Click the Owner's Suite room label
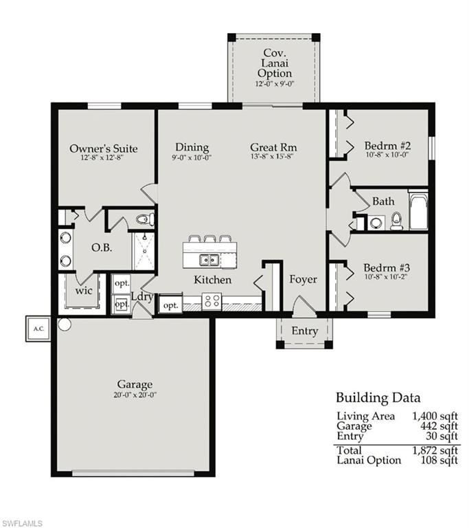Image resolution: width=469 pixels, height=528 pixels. [x=104, y=148]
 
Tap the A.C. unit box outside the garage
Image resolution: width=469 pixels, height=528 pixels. [x=38, y=328]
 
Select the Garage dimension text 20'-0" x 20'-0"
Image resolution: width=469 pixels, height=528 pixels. [x=135, y=395]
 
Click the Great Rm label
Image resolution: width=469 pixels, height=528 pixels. [x=273, y=147]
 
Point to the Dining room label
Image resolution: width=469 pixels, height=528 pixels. [x=192, y=147]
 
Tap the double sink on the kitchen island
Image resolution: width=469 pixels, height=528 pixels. [x=209, y=259]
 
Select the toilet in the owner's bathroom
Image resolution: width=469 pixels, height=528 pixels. [x=144, y=219]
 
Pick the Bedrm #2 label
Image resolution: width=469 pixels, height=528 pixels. [x=387, y=146]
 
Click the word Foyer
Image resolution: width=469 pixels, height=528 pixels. [x=303, y=279]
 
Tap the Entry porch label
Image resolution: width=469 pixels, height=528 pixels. [x=304, y=331]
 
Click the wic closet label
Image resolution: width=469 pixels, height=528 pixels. [x=84, y=291]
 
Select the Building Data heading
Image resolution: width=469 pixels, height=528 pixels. [x=378, y=397]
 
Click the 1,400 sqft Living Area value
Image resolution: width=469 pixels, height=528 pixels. [x=435, y=416]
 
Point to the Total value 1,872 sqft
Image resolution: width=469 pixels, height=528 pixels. [x=435, y=450]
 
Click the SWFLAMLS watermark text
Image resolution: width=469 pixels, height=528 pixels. [x=22, y=523]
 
